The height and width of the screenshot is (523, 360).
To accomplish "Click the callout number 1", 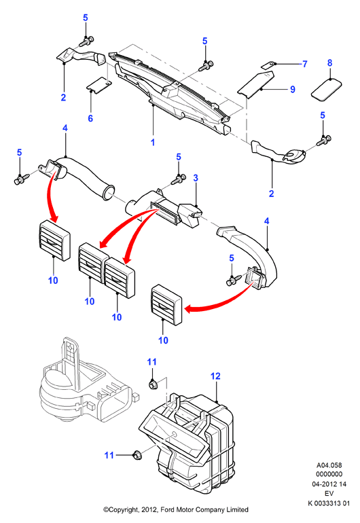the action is tap(153, 143).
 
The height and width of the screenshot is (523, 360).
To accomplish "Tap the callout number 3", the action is tap(196, 178).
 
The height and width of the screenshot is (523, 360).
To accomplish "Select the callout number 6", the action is tap(90, 118).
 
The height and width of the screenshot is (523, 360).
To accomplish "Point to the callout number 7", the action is tap(304, 64).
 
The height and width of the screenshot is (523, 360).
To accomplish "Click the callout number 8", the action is tap(329, 62).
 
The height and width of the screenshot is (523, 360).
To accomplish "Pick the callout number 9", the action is tap(293, 90).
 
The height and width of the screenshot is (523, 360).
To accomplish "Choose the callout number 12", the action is tap(215, 376).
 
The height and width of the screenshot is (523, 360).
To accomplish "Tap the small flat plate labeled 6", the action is tap(98, 85).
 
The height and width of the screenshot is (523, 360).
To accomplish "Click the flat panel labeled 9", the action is tap(256, 85).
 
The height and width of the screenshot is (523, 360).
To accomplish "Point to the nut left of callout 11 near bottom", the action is tap(137, 454).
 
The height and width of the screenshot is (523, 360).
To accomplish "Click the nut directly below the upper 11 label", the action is tap(152, 384).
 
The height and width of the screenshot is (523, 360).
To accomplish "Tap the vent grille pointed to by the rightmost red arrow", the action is tap(167, 305).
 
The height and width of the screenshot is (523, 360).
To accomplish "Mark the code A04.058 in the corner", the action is tap(329, 465).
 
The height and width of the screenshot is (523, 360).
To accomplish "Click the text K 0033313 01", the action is tap(329, 503).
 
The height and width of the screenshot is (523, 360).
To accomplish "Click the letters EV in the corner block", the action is tap(329, 494).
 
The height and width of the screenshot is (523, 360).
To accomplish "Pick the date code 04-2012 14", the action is tap(329, 484).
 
